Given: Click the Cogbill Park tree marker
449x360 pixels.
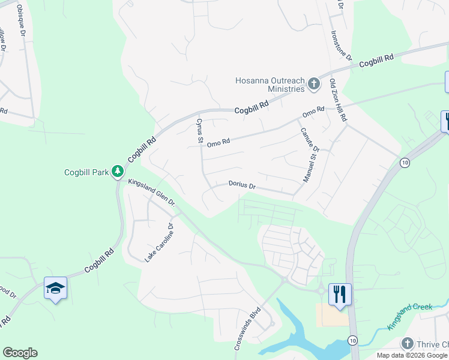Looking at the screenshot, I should [x=118, y=172].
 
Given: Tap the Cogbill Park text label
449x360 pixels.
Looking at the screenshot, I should [x=86, y=173].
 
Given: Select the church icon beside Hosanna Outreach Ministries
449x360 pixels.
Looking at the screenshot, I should [x=313, y=85].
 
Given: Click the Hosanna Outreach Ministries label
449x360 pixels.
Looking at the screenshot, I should [x=270, y=84].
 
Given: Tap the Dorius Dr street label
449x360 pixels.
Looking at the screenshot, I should [x=243, y=185].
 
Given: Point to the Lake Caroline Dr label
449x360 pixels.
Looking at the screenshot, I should [x=158, y=243].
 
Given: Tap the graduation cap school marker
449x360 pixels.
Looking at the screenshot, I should [x=55, y=289].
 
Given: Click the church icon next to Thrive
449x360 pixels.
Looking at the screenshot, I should [x=408, y=344].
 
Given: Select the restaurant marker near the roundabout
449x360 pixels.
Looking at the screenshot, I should [x=340, y=294].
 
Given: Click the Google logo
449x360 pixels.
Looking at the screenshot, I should [x=20, y=353].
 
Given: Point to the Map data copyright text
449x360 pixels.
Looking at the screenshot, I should [x=412, y=355].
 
